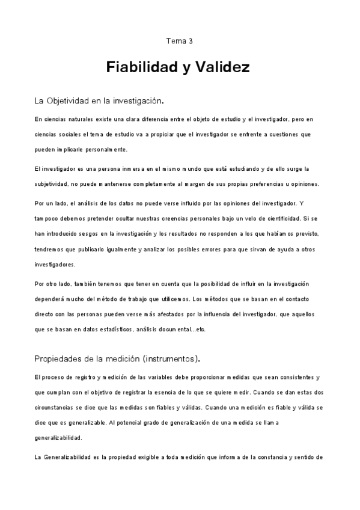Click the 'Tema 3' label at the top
(x=179, y=41)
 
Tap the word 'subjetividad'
(x=53, y=183)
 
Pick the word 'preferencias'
(x=243, y=183)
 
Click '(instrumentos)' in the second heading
(x=170, y=359)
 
